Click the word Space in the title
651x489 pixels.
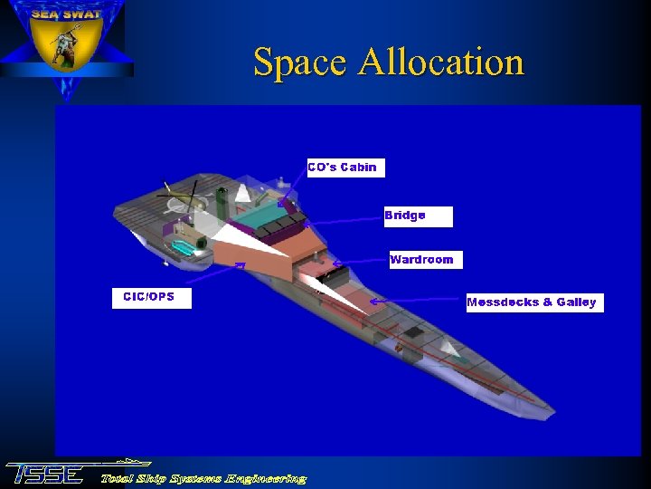[x=299, y=63]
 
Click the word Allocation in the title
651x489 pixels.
[x=441, y=62]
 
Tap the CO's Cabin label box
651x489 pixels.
[x=345, y=168]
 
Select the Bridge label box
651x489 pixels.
[x=418, y=216]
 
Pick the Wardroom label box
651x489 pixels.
[x=425, y=260]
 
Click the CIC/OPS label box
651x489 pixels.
[x=151, y=298]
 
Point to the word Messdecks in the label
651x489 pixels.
[x=502, y=302]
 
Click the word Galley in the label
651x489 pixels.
[x=576, y=302]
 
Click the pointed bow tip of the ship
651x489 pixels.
[x=552, y=417]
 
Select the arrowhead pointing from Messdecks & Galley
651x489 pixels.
[x=373, y=301]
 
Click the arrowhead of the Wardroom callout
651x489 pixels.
[x=335, y=264]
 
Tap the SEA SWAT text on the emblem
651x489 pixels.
[x=65, y=14]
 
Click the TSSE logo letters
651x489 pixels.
[x=45, y=475]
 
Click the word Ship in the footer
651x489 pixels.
[x=153, y=478]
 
